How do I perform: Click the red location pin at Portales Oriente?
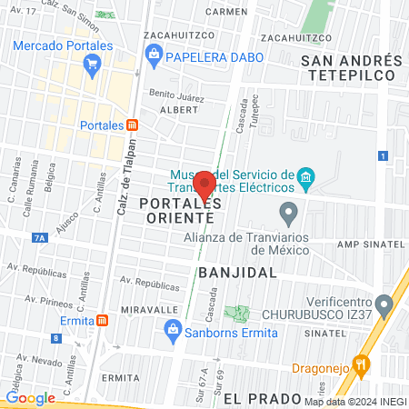pyautogui.click(x=204, y=185)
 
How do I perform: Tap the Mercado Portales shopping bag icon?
pyautogui.click(x=91, y=64)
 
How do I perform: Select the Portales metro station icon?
pyautogui.click(x=133, y=125)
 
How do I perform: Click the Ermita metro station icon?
pyautogui.click(x=103, y=319)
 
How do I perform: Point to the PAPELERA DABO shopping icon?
pyautogui.click(x=154, y=55)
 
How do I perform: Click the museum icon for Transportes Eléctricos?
pyautogui.click(x=307, y=175)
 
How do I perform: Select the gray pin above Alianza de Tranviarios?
pyautogui.click(x=289, y=214)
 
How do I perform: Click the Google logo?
pyautogui.click(x=30, y=397)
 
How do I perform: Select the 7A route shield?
pyautogui.click(x=39, y=238)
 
